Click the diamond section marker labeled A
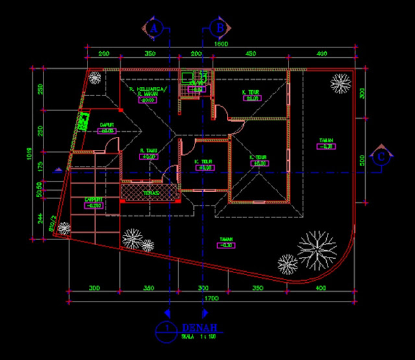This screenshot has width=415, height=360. [154, 28]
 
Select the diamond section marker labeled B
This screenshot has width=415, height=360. [219, 28]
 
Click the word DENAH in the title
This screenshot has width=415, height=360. [200, 328]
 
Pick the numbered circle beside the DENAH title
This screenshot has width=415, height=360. [167, 330]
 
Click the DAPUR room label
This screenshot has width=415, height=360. [107, 125]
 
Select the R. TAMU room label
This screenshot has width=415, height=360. [148, 150]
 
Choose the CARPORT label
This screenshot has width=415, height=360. [94, 200]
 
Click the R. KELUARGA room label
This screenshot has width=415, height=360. [148, 89]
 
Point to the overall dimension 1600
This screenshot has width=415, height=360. [221, 44]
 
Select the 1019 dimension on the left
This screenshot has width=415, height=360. [29, 154]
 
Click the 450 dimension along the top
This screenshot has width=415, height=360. [251, 54]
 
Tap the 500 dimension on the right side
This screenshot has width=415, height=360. [362, 160]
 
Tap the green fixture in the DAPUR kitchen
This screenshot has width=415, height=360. [84, 121]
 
